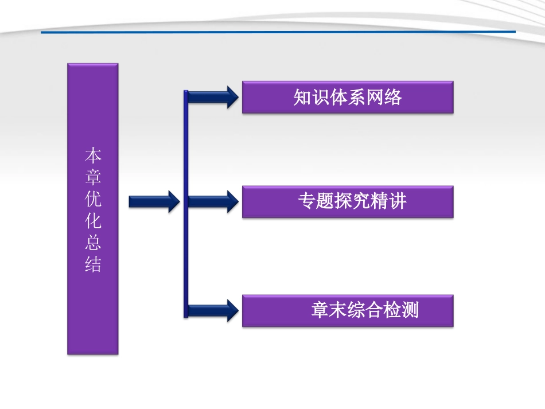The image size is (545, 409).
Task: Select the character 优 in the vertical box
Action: (93, 200)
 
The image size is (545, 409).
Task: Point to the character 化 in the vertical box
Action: (93, 221)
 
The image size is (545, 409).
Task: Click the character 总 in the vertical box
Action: (93, 243)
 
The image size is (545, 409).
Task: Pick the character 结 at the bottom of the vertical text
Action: (93, 265)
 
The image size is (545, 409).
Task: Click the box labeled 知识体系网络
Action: (348, 97)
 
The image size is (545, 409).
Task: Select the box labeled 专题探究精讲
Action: (348, 201)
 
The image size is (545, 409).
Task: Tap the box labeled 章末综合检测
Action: (348, 311)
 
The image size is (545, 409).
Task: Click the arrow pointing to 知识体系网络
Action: (212, 97)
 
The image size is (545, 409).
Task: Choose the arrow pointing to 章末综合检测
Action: (212, 310)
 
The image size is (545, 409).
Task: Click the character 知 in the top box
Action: (302, 98)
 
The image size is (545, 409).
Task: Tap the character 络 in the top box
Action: (394, 98)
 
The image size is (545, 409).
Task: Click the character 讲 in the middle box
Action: (398, 201)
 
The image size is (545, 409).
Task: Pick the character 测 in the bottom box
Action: (411, 311)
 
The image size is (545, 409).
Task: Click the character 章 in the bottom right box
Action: (320, 311)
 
